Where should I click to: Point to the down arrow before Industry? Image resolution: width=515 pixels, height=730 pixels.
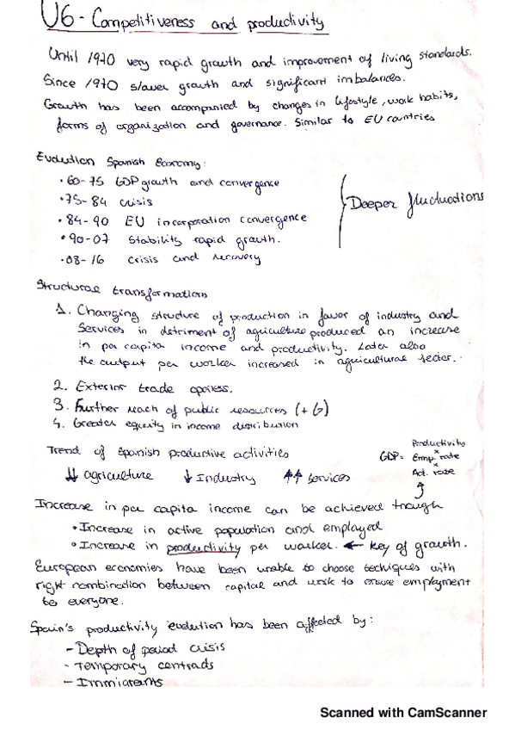click(187, 477)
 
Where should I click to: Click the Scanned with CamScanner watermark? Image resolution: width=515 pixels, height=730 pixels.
click(403, 712)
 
